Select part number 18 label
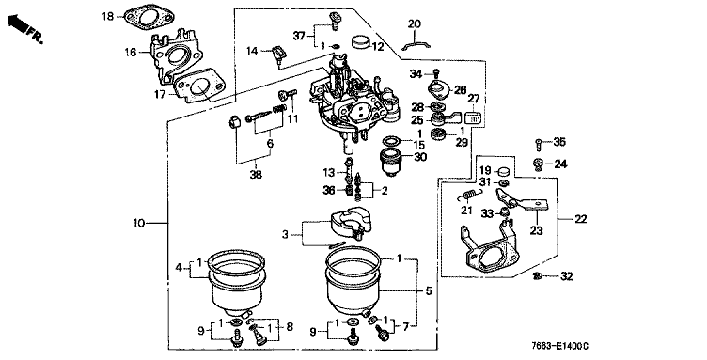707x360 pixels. tap(108, 17)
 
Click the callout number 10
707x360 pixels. tap(139, 223)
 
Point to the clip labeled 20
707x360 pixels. tap(416, 45)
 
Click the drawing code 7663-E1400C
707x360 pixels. tap(560, 346)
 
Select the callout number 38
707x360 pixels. tap(256, 175)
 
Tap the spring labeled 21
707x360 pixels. tap(469, 195)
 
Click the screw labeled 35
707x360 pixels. tap(539, 145)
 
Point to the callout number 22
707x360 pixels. tap(581, 219)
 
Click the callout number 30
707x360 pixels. tap(419, 157)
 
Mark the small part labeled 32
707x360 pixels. tap(537, 275)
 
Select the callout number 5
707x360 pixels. tap(429, 291)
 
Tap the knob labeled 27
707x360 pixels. tap(473, 117)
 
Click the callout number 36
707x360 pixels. tap(329, 191)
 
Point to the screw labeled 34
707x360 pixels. tap(436, 72)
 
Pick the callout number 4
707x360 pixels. tap(179, 268)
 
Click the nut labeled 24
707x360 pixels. tap(538, 164)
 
